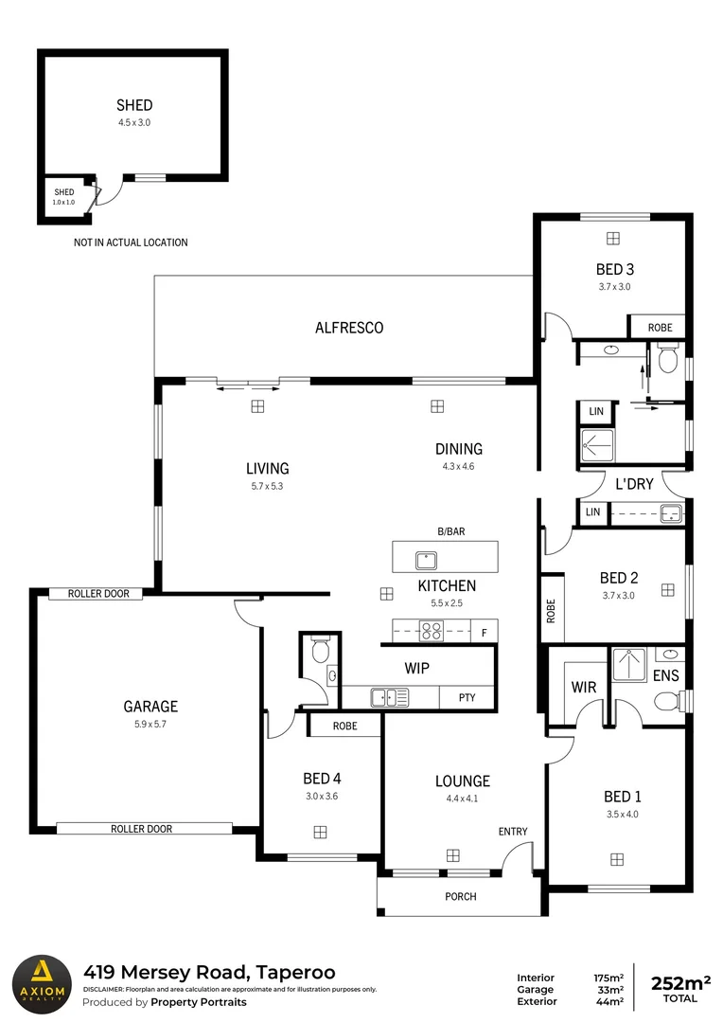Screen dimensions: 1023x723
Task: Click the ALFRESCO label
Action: click(x=349, y=328)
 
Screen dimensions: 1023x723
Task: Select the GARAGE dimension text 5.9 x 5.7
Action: click(x=150, y=724)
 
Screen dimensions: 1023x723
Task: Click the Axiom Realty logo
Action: click(x=43, y=982)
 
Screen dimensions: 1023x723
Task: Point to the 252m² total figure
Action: click(x=680, y=983)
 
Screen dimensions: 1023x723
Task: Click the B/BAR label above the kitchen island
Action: click(x=450, y=532)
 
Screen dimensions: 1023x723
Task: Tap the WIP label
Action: click(x=417, y=668)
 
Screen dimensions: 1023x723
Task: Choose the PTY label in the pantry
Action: click(x=467, y=698)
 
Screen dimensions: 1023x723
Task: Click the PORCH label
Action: click(x=461, y=896)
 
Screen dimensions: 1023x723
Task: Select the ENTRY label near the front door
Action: click(x=513, y=832)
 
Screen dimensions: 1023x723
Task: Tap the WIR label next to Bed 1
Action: click(x=584, y=687)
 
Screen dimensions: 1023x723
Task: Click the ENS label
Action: click(x=666, y=675)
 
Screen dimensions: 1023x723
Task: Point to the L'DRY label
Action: click(x=634, y=483)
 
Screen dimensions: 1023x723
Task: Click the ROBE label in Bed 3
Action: click(x=660, y=328)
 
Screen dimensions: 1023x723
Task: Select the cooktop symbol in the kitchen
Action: click(x=432, y=629)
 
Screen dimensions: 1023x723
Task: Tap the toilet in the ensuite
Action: click(x=669, y=702)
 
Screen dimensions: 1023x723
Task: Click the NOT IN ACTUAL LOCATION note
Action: click(x=131, y=242)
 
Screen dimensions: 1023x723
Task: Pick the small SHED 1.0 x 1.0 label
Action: click(x=63, y=197)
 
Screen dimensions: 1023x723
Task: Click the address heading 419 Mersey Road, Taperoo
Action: click(x=209, y=972)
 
